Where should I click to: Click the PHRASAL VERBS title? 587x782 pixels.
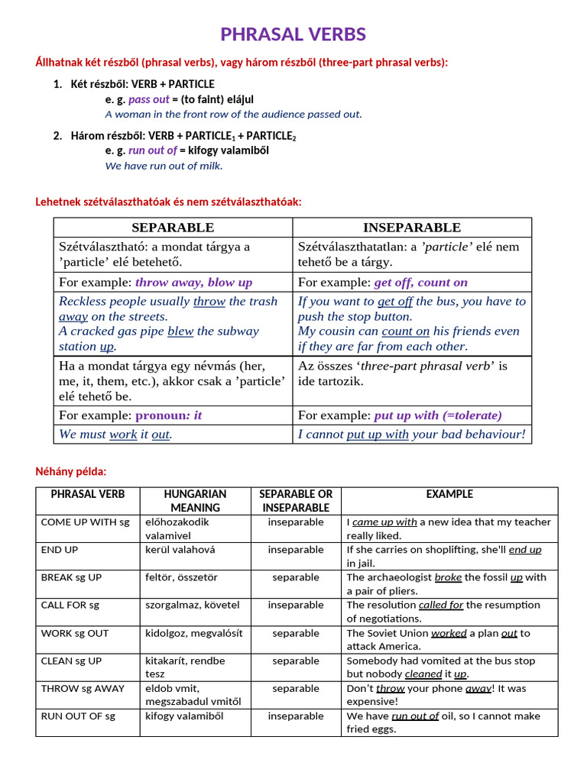[x=293, y=34]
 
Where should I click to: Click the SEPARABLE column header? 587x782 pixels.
[x=173, y=228]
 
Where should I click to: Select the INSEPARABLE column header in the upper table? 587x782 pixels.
[x=412, y=228]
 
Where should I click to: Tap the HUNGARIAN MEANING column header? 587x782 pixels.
[x=195, y=501]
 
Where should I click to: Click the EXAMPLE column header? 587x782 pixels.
[x=449, y=494]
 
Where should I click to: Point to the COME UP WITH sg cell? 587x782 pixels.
[x=86, y=522]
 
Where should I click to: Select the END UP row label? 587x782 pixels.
[x=60, y=550]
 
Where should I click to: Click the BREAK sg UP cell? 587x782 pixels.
[x=71, y=577]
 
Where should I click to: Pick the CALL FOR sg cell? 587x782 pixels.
[x=70, y=605]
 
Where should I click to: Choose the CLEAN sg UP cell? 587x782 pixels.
[x=71, y=661]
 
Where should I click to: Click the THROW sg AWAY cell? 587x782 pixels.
[x=83, y=688]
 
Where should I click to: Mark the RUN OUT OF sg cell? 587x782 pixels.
[x=78, y=716]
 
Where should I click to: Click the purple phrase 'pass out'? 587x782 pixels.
[x=149, y=99]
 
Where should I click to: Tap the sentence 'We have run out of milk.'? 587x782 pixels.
[x=164, y=165]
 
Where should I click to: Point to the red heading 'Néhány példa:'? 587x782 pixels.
[x=71, y=472]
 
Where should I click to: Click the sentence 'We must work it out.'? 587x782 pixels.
[x=115, y=435]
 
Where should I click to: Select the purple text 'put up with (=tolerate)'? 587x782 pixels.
[x=438, y=415]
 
